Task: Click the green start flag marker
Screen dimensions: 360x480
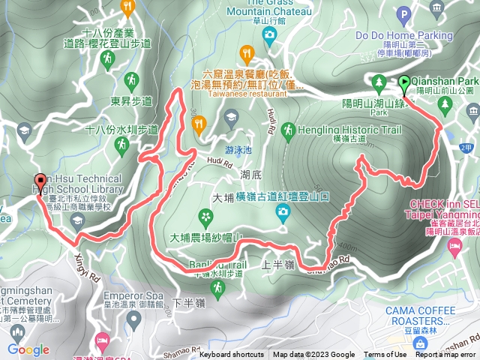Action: (x=404, y=84)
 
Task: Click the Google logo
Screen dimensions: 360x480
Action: (x=28, y=349)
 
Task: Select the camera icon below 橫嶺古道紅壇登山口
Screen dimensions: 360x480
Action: (x=283, y=211)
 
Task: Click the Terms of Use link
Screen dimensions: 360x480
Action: (x=385, y=355)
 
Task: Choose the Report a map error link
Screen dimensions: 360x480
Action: (x=446, y=355)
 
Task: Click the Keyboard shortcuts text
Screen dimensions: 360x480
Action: (x=232, y=355)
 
